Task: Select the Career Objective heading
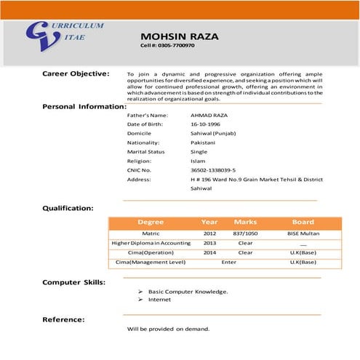pos(76,73)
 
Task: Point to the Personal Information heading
pos(84,106)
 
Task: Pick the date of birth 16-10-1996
pos(207,125)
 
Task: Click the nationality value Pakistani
pos(204,143)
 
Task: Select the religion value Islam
pos(197,161)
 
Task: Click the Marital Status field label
pos(147,152)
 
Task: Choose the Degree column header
pos(151,222)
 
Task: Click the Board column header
pos(303,222)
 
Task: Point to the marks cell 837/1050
pos(245,233)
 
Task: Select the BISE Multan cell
pos(303,233)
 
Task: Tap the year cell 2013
pos(210,243)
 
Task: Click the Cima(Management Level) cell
pos(151,262)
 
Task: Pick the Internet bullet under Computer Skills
pos(159,299)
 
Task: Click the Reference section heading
pos(63,319)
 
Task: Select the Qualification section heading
pos(68,208)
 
